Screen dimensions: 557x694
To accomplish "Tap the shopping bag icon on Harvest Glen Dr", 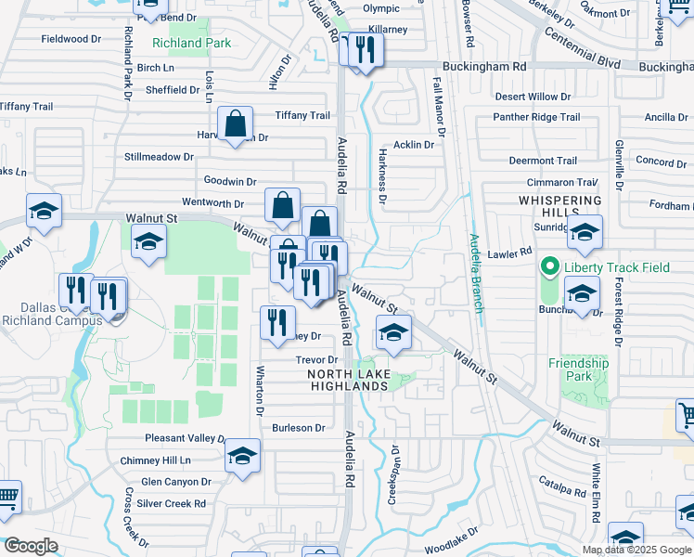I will (236, 123).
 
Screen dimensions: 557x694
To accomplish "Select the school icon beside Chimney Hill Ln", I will (243, 456).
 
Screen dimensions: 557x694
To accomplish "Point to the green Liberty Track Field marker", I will (549, 268).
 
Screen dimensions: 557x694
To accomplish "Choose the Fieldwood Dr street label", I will (71, 39).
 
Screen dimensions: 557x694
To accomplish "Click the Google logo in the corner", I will (31, 546).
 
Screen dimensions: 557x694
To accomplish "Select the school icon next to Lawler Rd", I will (585, 234).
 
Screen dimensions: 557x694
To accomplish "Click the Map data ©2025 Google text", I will (636, 550).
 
